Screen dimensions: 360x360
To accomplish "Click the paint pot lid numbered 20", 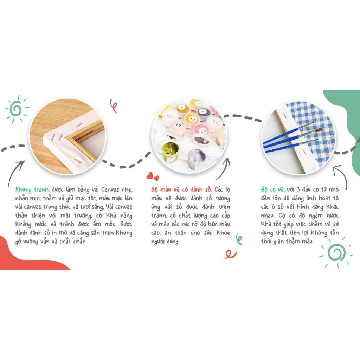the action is (201, 130).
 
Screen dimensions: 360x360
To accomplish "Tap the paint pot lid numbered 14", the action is (192, 119).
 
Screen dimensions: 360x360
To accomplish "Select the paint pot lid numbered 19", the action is (178, 125).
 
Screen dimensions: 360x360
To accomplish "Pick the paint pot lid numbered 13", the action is (169, 116).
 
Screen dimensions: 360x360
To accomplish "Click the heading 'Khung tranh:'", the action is (32, 189).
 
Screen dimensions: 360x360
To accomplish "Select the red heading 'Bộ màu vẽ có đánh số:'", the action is (181, 189).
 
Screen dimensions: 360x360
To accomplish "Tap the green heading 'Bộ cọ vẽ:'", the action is (273, 189).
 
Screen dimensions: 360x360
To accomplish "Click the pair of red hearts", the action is (153, 176).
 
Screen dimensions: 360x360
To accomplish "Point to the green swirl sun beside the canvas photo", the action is (17, 109).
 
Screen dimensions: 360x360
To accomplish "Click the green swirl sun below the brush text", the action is (336, 252).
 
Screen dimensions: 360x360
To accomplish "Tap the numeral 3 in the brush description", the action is (298, 189).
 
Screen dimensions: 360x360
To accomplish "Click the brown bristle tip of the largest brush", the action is (319, 130).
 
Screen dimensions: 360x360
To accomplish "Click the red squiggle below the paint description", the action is (230, 254).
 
